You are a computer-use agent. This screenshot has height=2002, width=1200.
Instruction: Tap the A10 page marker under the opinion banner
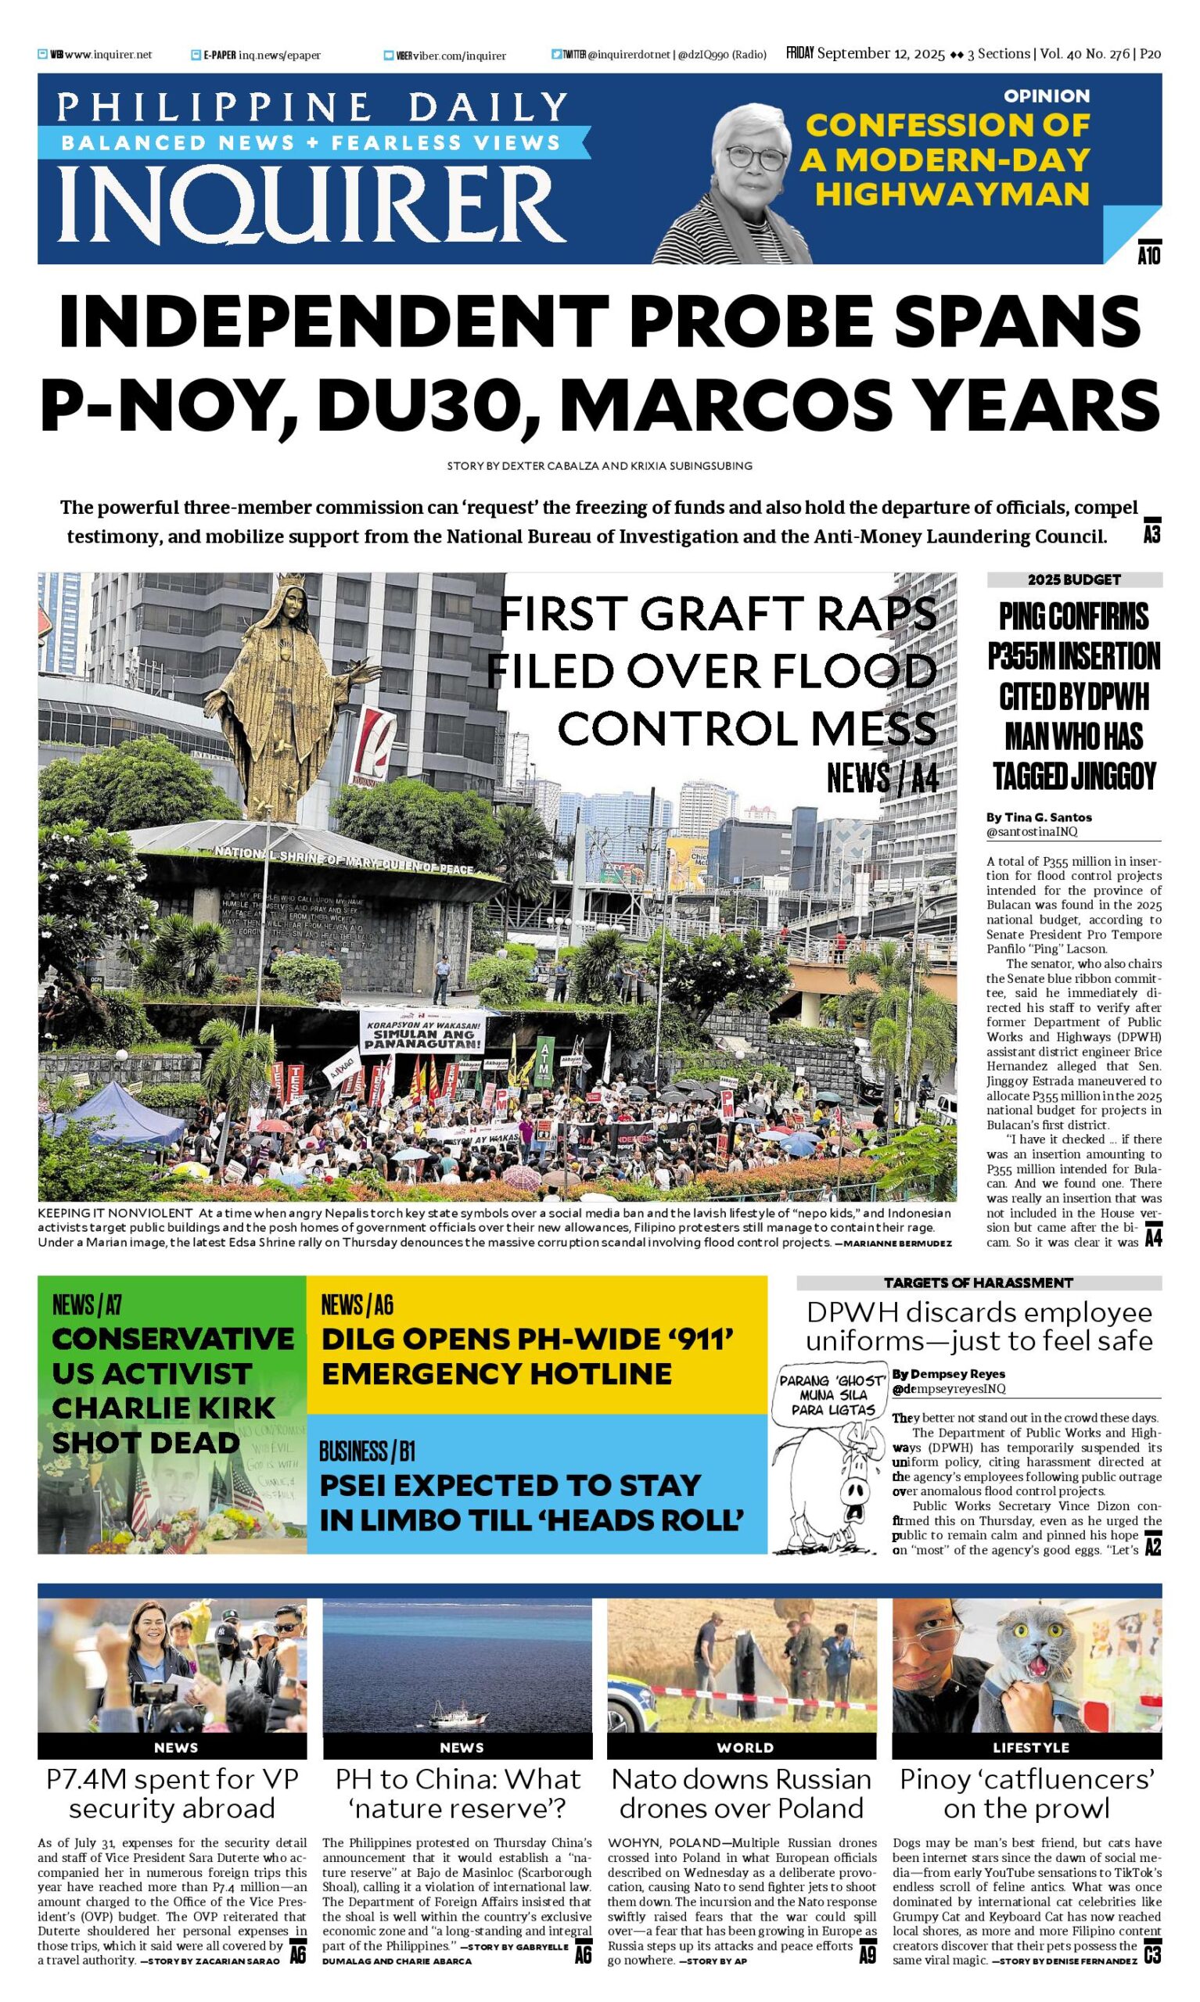(x=1148, y=256)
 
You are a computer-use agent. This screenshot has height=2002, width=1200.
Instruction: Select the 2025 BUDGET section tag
(x=1074, y=579)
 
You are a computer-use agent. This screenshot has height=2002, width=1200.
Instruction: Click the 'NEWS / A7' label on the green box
(x=87, y=1304)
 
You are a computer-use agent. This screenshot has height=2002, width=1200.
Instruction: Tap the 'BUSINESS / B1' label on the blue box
(x=367, y=1451)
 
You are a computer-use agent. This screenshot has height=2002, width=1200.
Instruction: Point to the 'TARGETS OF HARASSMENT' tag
(x=978, y=1283)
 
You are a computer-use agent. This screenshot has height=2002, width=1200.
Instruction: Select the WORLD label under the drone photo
(x=745, y=1747)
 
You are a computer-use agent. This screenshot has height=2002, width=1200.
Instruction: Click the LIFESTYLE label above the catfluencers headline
(x=1029, y=1747)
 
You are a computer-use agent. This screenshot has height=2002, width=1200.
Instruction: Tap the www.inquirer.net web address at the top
(x=107, y=55)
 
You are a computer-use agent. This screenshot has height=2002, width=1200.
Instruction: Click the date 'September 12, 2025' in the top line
(x=881, y=54)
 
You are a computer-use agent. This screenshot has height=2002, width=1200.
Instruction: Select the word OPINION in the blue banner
(x=1047, y=95)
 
